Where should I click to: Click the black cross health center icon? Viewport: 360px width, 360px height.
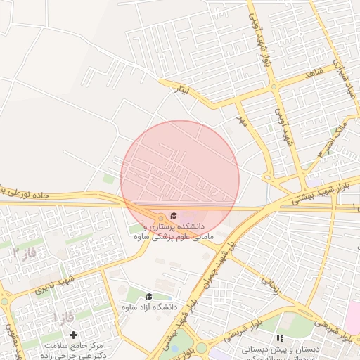point(73,335)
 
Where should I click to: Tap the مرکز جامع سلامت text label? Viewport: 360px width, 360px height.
point(73,346)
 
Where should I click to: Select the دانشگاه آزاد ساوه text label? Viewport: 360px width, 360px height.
point(148,307)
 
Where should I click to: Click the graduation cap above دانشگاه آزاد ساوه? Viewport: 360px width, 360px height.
point(148,296)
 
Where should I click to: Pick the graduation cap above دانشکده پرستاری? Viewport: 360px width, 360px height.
point(173,216)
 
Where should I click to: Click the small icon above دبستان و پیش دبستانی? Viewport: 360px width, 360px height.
point(281,339)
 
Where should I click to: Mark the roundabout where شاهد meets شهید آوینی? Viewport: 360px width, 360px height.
point(274,87)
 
